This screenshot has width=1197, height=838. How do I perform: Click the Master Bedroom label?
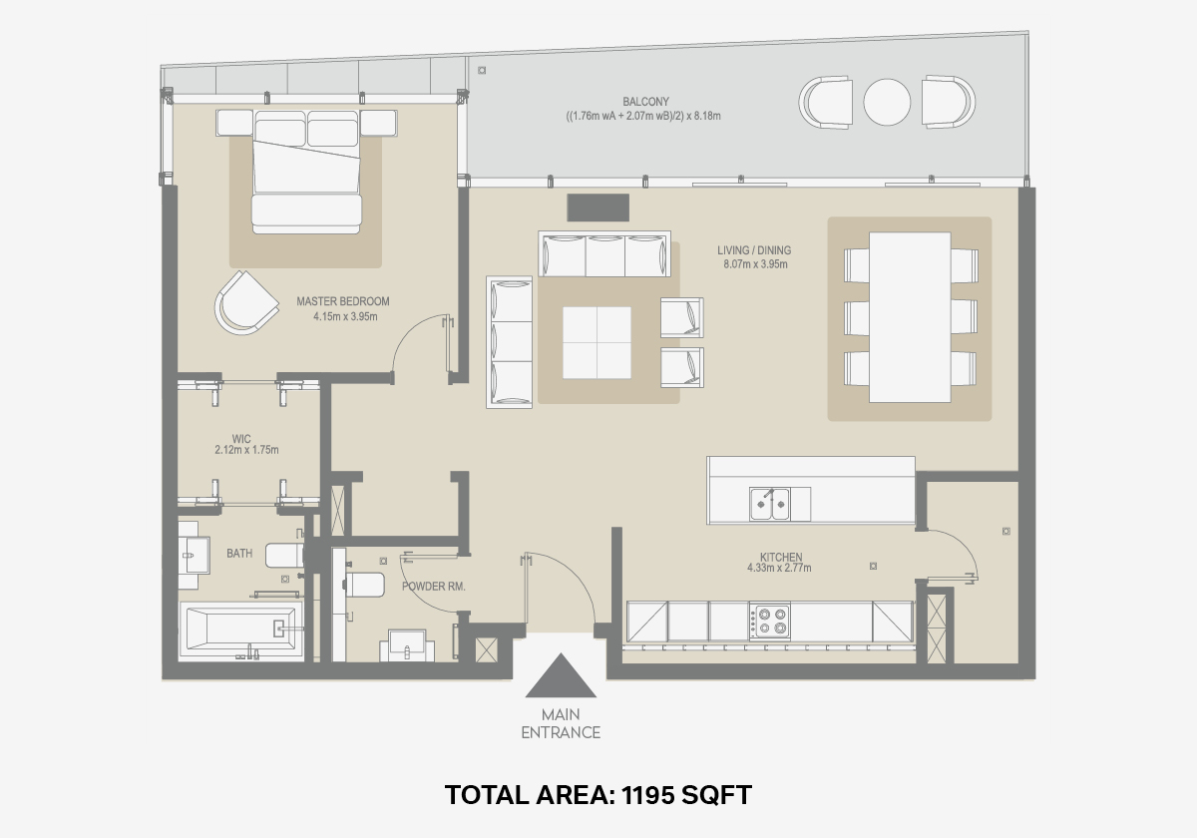pyautogui.click(x=343, y=301)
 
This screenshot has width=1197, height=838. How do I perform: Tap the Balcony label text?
pyautogui.click(x=645, y=102)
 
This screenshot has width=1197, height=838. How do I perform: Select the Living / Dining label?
pyautogui.click(x=754, y=250)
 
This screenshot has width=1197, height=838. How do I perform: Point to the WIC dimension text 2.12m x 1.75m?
pyautogui.click(x=246, y=450)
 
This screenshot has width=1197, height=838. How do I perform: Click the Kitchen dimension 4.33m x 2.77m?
pyautogui.click(x=779, y=568)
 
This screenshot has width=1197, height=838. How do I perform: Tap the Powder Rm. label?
pyautogui.click(x=433, y=587)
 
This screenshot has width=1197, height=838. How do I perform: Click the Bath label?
pyautogui.click(x=239, y=553)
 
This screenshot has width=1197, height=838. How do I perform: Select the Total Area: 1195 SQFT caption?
pyautogui.click(x=598, y=795)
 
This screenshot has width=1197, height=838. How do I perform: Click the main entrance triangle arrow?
pyautogui.click(x=561, y=676)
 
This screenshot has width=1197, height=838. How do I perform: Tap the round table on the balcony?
pyautogui.click(x=887, y=102)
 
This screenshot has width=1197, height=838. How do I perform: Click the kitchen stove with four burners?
pyautogui.click(x=770, y=620)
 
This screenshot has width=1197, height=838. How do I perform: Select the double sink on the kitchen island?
pyautogui.click(x=769, y=504)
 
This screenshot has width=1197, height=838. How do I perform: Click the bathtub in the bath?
pyautogui.click(x=241, y=628)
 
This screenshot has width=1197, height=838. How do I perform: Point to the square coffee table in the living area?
pyautogui.click(x=597, y=342)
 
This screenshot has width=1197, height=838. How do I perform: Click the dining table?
pyautogui.click(x=910, y=317)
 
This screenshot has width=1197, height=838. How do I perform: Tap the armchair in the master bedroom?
pyautogui.click(x=246, y=303)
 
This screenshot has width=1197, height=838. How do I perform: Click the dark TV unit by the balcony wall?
pyautogui.click(x=598, y=208)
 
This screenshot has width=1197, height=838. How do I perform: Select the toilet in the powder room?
pyautogui.click(x=364, y=586)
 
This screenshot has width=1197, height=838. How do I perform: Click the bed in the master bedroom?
pyautogui.click(x=306, y=172)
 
